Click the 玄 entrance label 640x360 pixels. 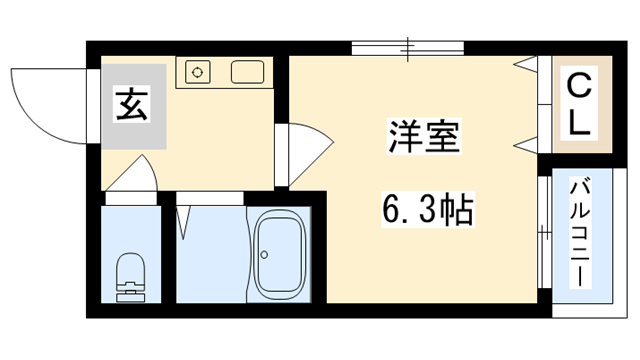click(133, 105)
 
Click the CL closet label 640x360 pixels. click(579, 104)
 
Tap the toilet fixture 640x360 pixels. click(130, 275)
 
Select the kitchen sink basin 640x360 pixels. click(246, 72)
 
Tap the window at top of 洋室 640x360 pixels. click(408, 46)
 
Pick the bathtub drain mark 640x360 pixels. click(264, 255)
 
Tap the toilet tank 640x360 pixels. click(130, 293)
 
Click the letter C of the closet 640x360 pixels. click(579, 86)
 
